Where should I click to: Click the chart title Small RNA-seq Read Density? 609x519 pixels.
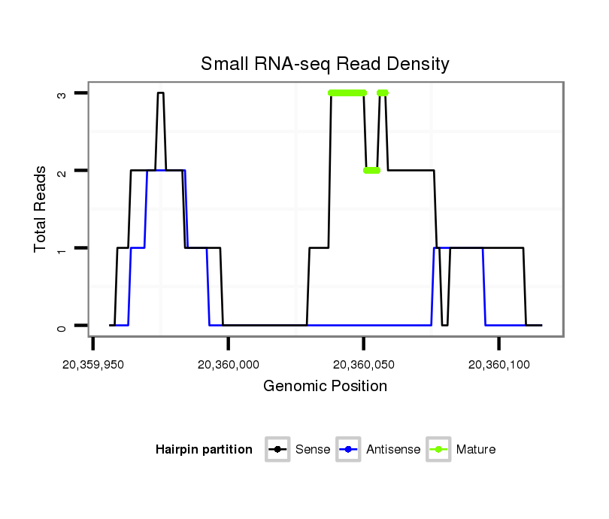coord(325,64)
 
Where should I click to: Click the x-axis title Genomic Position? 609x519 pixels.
coord(325,387)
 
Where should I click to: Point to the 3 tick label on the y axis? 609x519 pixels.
coord(62,93)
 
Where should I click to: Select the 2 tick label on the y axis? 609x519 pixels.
coord(62,171)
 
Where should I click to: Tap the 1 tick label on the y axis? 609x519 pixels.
coord(62,248)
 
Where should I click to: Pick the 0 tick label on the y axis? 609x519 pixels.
coord(62,326)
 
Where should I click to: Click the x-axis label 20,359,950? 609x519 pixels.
coord(93,365)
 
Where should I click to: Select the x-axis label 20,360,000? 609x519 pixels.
coord(229,365)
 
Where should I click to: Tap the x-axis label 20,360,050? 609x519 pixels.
coord(364,365)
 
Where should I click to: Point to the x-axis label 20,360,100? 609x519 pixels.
coord(499,365)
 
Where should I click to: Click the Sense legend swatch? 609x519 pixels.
coord(277,450)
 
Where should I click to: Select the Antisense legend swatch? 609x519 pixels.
coord(349,450)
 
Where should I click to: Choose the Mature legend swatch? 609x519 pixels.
coord(438,450)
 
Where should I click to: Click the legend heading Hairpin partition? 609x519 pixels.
coord(204,450)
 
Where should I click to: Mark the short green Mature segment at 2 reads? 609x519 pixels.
coord(371,171)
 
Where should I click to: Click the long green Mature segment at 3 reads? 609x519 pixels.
coord(347,93)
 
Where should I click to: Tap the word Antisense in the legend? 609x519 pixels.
coord(393,450)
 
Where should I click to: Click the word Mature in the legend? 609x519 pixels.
coord(476,450)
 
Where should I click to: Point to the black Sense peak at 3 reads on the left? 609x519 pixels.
coord(160,93)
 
